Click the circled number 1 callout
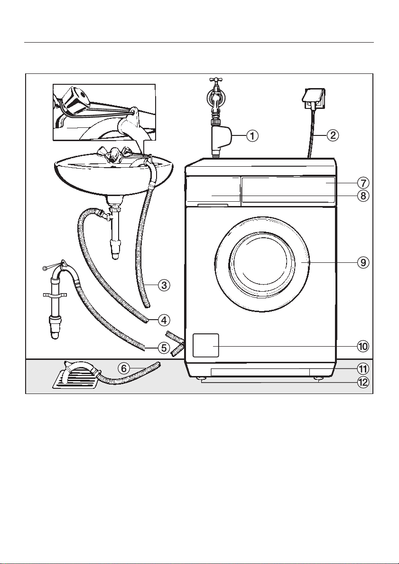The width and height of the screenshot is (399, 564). [252, 135]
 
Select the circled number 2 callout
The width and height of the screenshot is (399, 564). [333, 135]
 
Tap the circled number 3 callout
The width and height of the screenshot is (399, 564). [164, 285]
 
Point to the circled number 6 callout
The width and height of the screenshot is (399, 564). [124, 368]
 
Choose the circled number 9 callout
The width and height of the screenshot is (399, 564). [363, 262]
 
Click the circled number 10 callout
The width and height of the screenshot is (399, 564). [363, 346]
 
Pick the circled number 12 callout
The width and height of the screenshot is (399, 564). [363, 382]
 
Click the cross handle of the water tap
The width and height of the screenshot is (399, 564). [216, 80]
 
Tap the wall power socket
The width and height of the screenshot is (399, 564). [313, 99]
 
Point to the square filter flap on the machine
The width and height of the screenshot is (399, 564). [206, 345]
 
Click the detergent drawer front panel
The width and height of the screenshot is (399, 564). [212, 191]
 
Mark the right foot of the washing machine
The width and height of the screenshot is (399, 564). [318, 379]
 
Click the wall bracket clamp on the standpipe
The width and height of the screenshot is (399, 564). [55, 295]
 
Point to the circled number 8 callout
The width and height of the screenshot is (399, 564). [363, 196]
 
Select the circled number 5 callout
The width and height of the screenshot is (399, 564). [164, 348]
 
